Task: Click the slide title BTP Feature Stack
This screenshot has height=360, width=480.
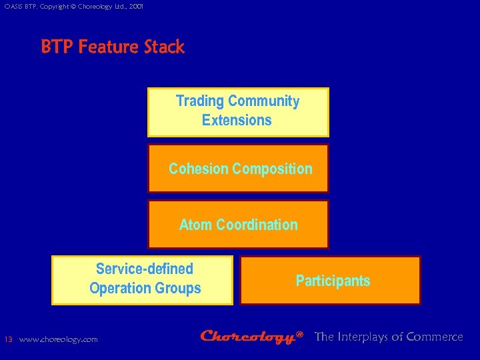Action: click(x=113, y=47)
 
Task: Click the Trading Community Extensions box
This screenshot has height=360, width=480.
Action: click(x=238, y=112)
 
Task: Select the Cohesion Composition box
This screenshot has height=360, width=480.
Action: click(x=238, y=168)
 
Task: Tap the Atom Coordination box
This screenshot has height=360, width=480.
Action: click(x=238, y=224)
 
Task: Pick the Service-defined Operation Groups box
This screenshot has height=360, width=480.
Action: click(x=143, y=280)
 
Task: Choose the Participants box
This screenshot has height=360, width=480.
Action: click(x=331, y=280)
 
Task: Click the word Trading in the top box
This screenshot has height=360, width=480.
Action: click(x=199, y=101)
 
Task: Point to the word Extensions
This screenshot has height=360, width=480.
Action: click(x=237, y=121)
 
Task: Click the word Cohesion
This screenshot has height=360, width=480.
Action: click(x=199, y=169)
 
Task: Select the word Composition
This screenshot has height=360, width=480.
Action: click(x=272, y=169)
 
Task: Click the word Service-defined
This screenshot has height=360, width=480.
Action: click(x=145, y=269)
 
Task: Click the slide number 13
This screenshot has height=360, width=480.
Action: click(x=8, y=339)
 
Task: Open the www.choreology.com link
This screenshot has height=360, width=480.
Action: click(x=59, y=339)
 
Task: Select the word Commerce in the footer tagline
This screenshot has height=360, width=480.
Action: click(x=434, y=337)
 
